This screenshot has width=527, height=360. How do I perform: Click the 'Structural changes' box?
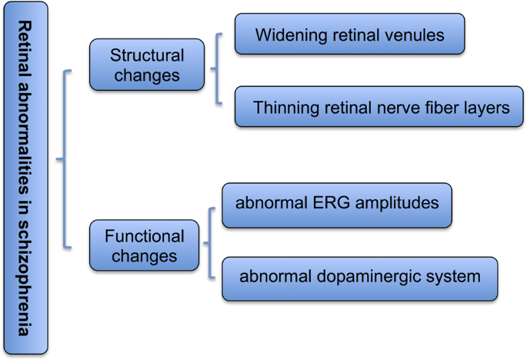[x=147, y=65]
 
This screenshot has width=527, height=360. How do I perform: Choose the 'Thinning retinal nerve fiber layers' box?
[x=381, y=106]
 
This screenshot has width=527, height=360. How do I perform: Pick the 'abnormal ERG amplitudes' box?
[x=337, y=205]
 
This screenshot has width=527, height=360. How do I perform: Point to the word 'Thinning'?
[x=282, y=107]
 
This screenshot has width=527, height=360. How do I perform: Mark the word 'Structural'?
[x=147, y=55]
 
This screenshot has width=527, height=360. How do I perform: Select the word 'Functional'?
[x=145, y=236]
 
